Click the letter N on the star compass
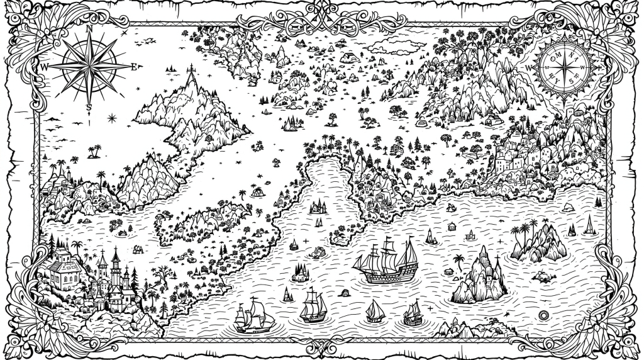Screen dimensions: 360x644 pyautogui.click(x=89, y=28)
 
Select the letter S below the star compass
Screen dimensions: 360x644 pyautogui.click(x=89, y=106)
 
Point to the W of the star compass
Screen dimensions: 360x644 pyautogui.click(x=45, y=66)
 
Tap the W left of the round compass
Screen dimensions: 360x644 pyautogui.click(x=528, y=67)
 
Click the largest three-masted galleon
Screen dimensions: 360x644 pyautogui.click(x=386, y=261)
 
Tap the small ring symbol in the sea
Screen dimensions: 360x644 pyautogui.click(x=544, y=315)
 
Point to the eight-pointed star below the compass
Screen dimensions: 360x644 pyautogui.click(x=112, y=117)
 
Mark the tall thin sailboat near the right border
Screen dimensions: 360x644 pyautogui.click(x=589, y=225)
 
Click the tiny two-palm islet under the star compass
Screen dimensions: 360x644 pyautogui.click(x=95, y=152)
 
